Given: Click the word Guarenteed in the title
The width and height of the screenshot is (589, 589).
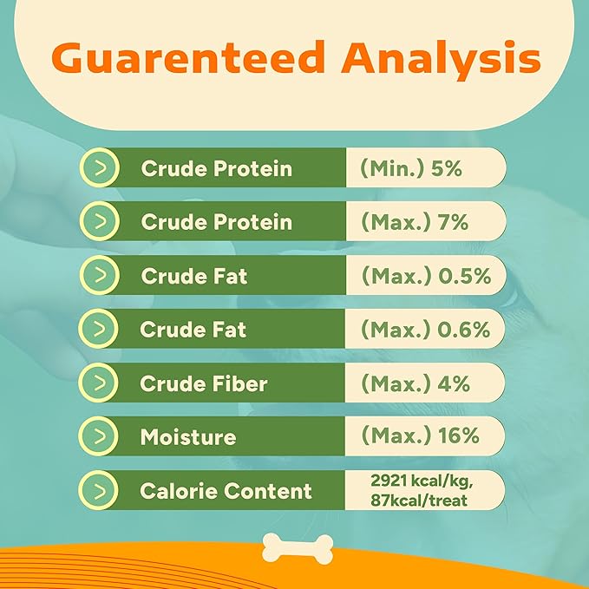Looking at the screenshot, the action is click(188, 57).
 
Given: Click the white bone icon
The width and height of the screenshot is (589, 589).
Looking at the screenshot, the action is click(298, 549).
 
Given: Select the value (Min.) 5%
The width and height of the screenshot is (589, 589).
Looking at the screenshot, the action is click(411, 168).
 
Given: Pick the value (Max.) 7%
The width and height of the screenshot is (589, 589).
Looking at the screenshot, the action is click(415, 221).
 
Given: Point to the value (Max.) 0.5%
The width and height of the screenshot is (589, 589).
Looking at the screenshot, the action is click(426, 276).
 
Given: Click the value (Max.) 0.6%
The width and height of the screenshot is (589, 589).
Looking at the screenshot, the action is click(426, 330).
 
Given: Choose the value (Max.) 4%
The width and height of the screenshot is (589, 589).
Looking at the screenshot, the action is click(416, 383).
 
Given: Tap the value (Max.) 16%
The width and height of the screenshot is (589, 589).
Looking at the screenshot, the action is click(421, 435).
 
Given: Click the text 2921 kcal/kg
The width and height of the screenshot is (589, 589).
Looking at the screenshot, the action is click(422, 481).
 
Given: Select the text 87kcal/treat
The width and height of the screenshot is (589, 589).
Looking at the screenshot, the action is click(419, 501).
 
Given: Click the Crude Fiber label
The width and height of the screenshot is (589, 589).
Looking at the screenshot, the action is click(204, 383).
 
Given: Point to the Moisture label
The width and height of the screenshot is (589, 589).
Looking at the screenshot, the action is click(188, 437).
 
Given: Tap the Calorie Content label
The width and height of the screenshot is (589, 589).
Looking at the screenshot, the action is click(226, 491).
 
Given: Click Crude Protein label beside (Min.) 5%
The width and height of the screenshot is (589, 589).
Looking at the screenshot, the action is click(217, 168).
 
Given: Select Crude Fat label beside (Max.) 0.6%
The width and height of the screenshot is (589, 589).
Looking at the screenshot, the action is click(193, 330).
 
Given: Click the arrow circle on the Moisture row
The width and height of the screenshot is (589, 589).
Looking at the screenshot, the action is click(98, 436).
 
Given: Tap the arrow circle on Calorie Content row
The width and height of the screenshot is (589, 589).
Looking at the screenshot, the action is click(98, 490).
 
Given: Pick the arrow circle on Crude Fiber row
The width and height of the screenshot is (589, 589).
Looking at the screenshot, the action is click(98, 383).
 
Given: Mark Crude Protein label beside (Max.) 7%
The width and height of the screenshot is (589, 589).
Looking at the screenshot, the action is click(217, 222).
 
